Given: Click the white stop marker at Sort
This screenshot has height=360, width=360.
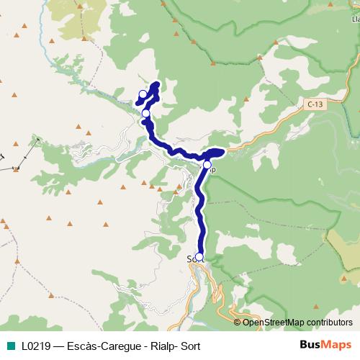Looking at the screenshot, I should [199, 256].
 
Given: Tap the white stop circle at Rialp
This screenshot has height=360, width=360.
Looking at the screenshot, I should [207, 166].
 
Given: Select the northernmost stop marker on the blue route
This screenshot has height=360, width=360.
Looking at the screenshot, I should [143, 94].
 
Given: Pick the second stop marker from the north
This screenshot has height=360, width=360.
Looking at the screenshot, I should [146, 113].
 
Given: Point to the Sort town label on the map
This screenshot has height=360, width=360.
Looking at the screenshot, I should [192, 258].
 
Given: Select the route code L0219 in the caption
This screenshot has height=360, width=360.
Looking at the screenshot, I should [35, 346].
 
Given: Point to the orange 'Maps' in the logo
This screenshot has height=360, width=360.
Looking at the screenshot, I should [335, 346].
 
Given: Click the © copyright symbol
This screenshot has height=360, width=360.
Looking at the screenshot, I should [238, 323].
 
